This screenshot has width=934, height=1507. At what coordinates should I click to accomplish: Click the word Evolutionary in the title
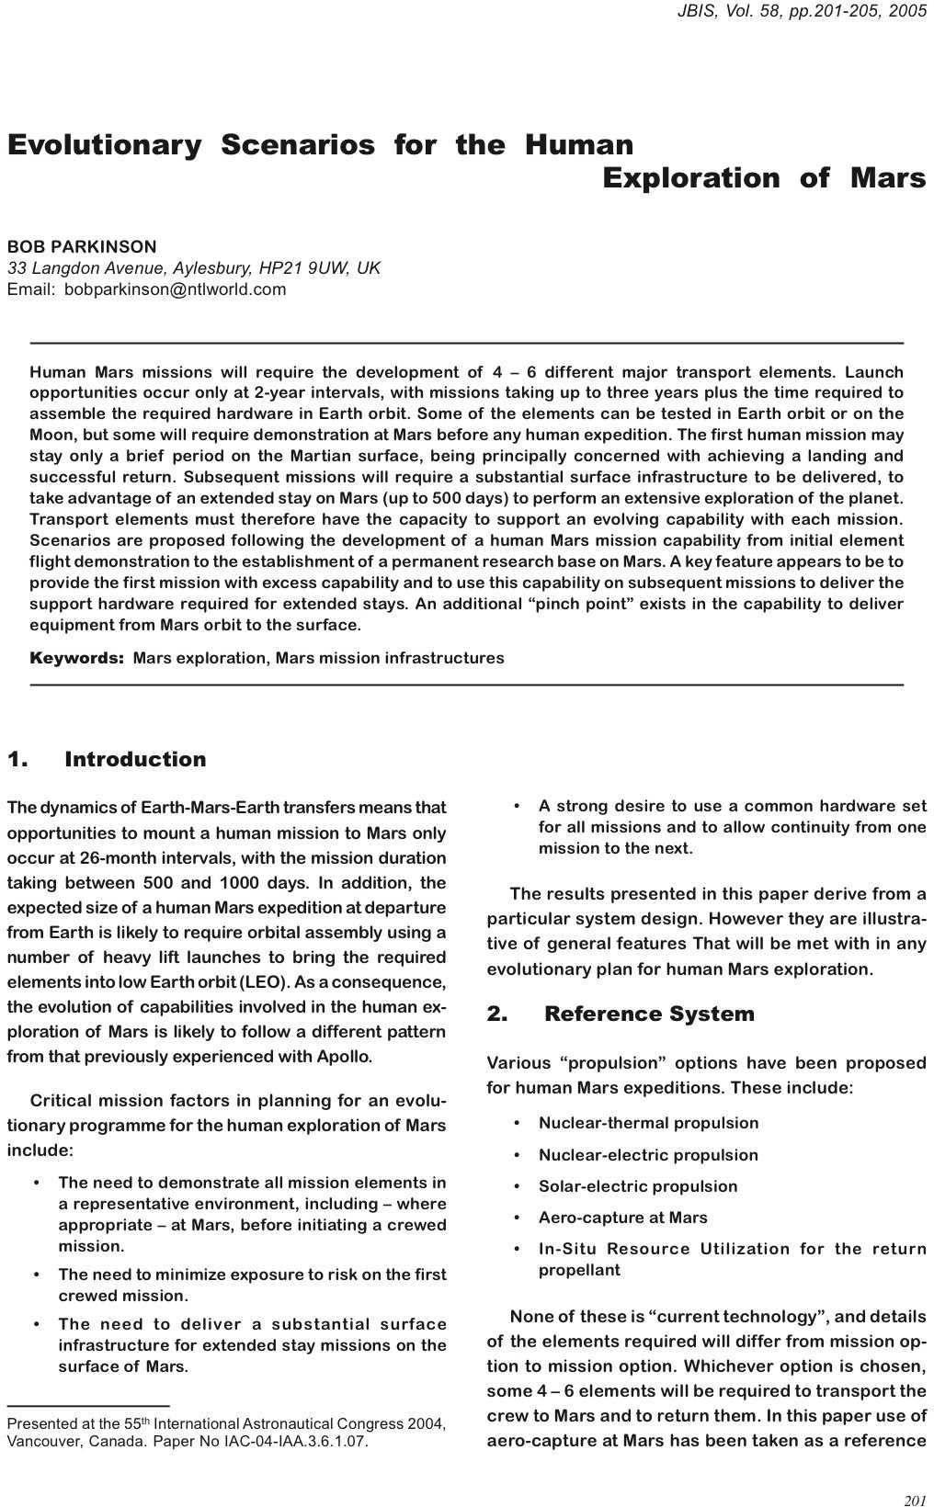tap(104, 145)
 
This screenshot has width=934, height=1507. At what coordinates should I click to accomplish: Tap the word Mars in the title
tap(887, 177)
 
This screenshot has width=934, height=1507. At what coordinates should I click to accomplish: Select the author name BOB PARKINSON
tap(82, 247)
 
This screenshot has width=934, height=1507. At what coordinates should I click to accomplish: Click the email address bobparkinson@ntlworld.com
tap(175, 289)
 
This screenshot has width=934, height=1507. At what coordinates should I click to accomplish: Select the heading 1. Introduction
tap(107, 759)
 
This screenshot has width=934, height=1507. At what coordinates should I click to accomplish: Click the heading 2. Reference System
tap(621, 1014)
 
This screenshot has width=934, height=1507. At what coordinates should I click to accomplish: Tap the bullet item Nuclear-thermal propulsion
tap(648, 1123)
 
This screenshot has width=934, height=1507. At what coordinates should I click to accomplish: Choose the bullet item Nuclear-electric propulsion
tap(648, 1155)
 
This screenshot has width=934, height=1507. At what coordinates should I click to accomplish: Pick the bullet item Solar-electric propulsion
tap(638, 1186)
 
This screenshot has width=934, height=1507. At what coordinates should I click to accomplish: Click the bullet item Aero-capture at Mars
tap(622, 1218)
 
